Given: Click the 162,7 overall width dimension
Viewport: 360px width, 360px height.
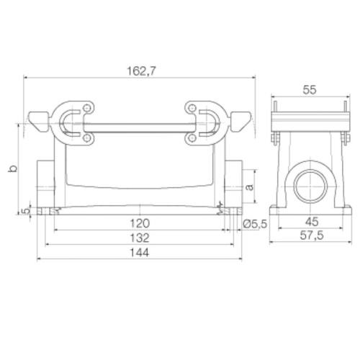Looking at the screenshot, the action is [141, 71].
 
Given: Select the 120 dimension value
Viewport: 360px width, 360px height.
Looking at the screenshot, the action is [140, 223].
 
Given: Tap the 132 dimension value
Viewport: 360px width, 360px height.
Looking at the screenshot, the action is [140, 238].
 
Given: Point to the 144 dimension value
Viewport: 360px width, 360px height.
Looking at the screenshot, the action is [140, 253].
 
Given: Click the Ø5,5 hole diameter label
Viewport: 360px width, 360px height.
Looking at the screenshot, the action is [255, 224].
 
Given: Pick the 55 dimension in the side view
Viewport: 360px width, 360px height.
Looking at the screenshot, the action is [310, 90].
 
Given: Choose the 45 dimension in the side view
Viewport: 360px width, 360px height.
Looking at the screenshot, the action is [312, 222].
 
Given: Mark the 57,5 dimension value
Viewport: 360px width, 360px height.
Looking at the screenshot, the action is [312, 235].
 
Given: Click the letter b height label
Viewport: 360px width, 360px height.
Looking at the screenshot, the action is [13, 168].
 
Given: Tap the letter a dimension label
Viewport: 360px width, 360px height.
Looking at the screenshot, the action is [250, 187].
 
